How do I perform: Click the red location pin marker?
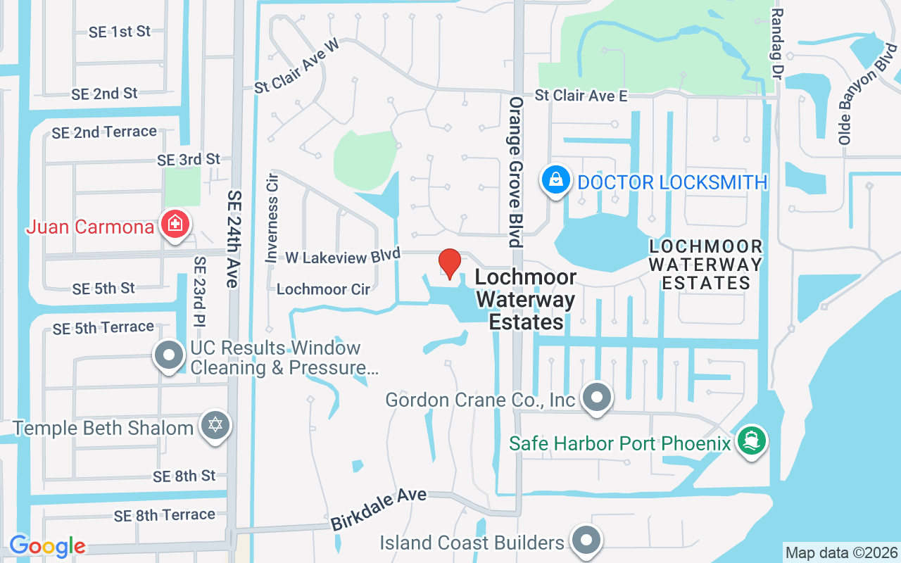[450, 263]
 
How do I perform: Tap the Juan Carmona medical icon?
[173, 225]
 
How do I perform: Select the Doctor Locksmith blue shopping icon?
[555, 180]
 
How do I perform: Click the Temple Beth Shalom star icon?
[215, 426]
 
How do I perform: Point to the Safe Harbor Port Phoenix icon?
[751, 441]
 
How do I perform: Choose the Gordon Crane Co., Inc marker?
[597, 398]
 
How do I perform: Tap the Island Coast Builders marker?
[586, 541]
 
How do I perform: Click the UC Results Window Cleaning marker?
[169, 355]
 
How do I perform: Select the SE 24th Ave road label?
[234, 239]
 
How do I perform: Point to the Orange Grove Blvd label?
[516, 172]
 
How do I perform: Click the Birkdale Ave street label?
[379, 510]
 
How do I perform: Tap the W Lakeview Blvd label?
[343, 256]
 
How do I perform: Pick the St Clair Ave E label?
[581, 95]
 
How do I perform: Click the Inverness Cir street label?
[272, 218]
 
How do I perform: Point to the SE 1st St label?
[120, 32]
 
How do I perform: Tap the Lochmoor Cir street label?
[323, 289]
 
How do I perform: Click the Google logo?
[47, 546]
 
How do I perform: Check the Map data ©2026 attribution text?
[841, 552]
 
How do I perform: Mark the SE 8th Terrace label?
[165, 515]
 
